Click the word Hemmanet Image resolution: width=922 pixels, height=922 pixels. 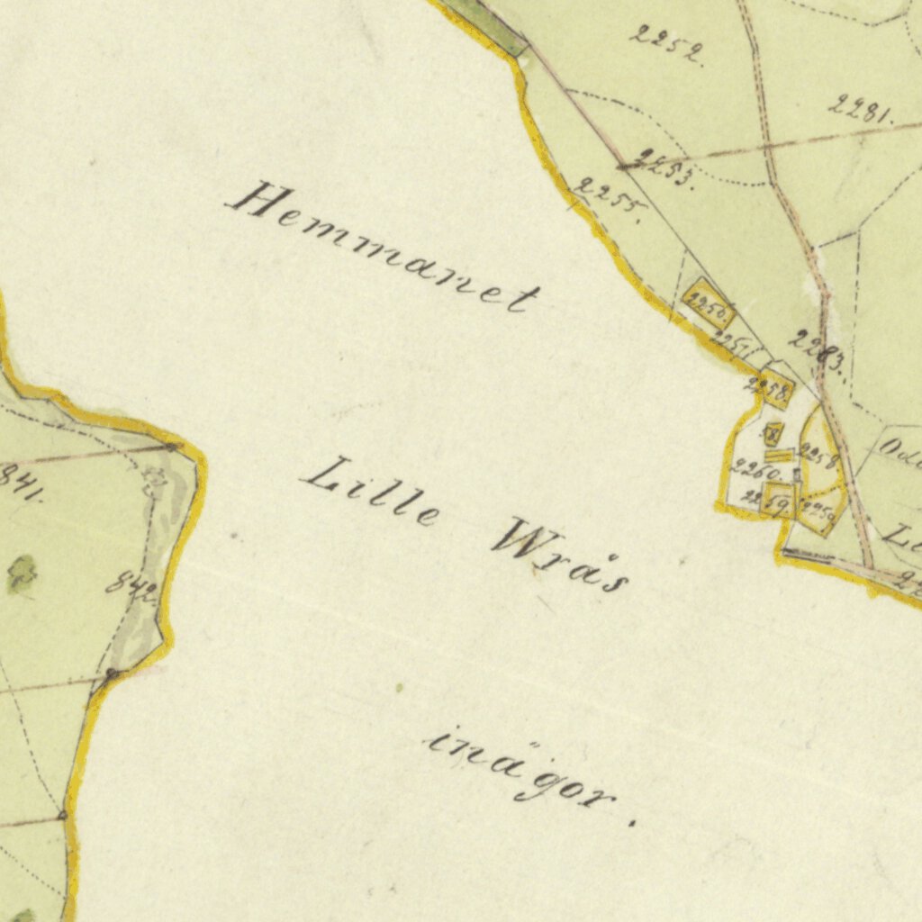(383, 248)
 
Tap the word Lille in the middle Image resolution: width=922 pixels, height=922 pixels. (371, 494)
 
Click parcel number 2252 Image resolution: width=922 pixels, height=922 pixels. (667, 44)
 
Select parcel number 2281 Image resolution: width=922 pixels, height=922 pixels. (860, 110)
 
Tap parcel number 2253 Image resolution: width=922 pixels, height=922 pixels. (664, 167)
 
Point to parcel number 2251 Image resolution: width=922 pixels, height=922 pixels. (737, 345)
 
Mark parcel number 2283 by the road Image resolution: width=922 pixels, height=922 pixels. (816, 352)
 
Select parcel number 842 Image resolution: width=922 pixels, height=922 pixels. (131, 589)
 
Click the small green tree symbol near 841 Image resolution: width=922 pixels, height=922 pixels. (22, 573)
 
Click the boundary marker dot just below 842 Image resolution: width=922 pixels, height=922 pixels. (112, 673)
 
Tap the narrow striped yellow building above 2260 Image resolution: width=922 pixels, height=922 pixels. (779, 457)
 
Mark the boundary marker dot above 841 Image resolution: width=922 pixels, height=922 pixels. (171, 446)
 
